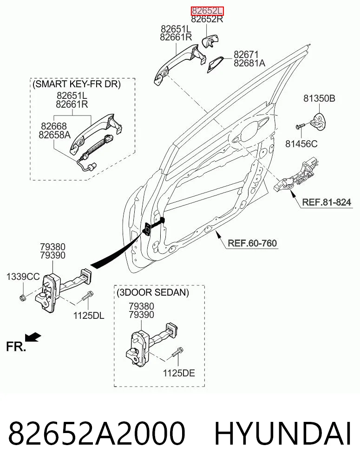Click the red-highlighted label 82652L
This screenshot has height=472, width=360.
pos(208,11)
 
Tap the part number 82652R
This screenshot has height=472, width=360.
pos(207,19)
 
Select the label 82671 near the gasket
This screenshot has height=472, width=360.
pos(246,54)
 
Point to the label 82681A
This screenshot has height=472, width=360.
pos(249,63)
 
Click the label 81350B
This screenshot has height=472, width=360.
pos(319,98)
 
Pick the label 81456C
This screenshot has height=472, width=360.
pos(301,144)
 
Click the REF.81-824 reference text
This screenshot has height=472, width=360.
pos(327,202)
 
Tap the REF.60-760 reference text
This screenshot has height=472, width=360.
pos(252,243)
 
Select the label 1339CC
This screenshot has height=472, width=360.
pos(23,276)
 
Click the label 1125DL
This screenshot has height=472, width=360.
pos(89,316)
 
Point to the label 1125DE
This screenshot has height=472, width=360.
pos(179,373)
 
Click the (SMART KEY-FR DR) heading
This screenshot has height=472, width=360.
pos(77,84)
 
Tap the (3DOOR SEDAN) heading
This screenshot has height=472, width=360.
pos(153,292)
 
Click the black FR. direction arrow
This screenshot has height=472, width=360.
pos(33,337)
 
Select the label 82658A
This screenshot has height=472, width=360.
pos(54,135)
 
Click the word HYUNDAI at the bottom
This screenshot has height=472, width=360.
pos(282,434)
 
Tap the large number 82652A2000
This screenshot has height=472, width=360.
pos(97,434)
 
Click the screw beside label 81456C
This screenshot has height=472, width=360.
pos(301,125)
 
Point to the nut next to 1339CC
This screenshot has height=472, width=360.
pos(23,298)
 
